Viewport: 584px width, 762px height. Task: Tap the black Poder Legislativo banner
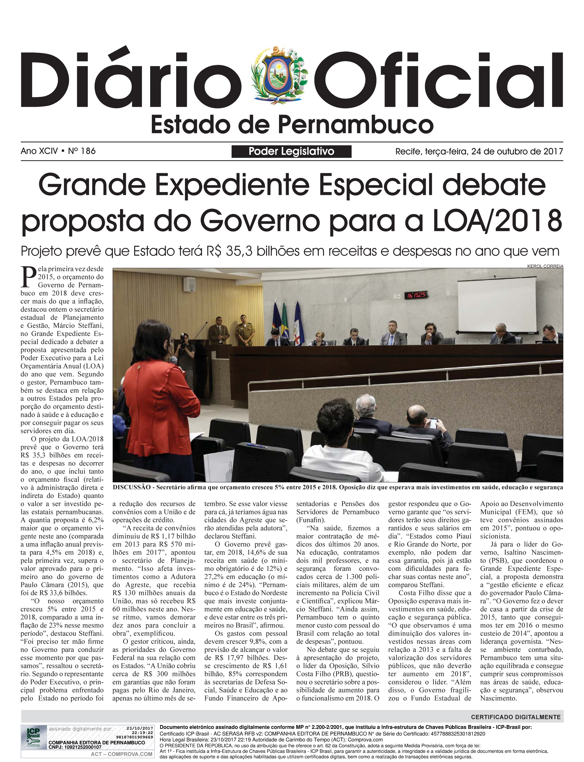[291, 151]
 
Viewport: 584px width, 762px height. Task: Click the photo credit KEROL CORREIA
[545, 266]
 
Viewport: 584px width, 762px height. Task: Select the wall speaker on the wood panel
[189, 284]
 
